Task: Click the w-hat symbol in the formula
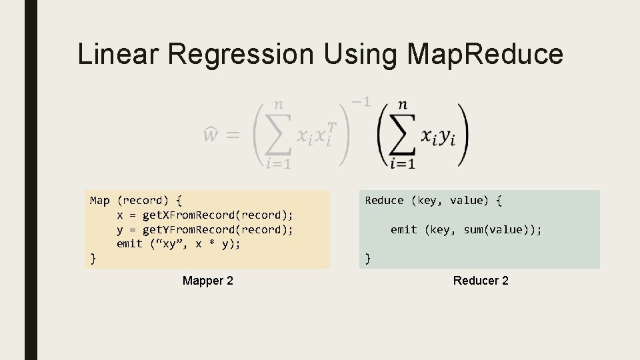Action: pyautogui.click(x=210, y=136)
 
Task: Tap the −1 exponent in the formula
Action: pyautogui.click(x=361, y=102)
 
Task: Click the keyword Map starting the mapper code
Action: pyautogui.click(x=99, y=200)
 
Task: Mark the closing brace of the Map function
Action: pyautogui.click(x=93, y=258)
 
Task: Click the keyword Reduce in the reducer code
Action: pyautogui.click(x=384, y=200)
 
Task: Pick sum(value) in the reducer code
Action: pyautogui.click(x=499, y=229)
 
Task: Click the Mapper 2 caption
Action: pyautogui.click(x=208, y=281)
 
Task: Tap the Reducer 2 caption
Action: pyautogui.click(x=481, y=281)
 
